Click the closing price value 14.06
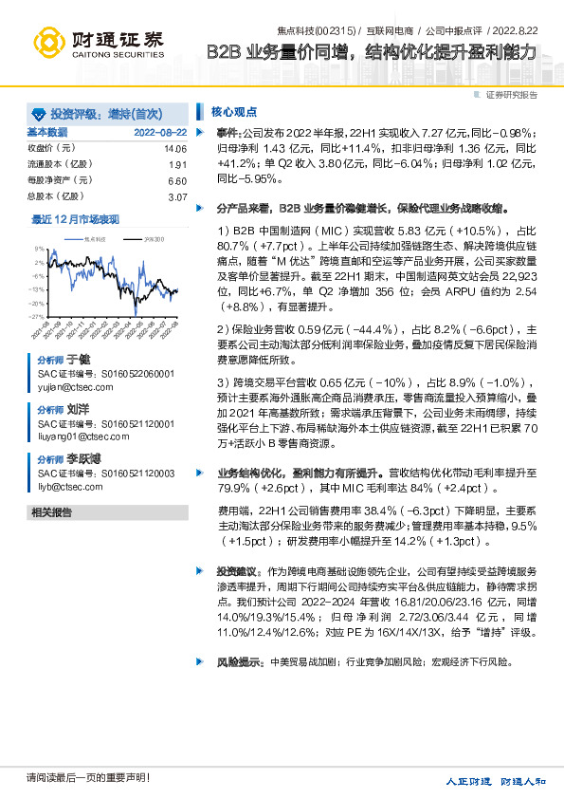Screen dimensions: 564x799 point(175,149)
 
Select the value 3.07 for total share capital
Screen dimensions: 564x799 point(177,196)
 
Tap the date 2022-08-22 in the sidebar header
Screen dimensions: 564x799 point(160,131)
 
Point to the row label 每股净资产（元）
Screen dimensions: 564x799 point(59,180)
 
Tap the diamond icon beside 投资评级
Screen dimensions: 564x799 point(39,111)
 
